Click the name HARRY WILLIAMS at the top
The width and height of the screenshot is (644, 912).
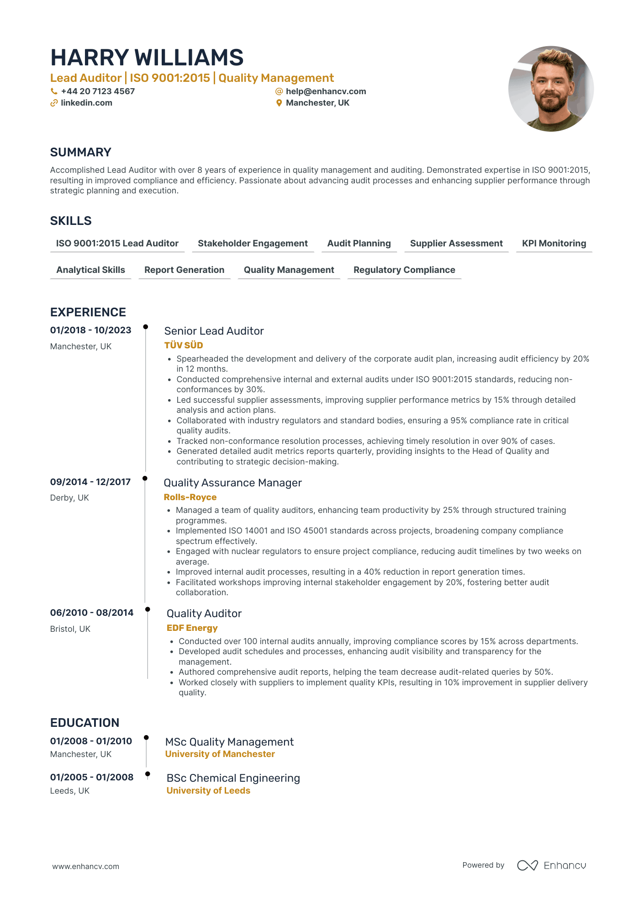[x=147, y=58]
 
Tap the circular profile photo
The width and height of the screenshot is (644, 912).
[x=551, y=89]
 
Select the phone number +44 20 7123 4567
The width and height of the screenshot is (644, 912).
[x=98, y=91]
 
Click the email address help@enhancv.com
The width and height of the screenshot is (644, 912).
[x=326, y=91]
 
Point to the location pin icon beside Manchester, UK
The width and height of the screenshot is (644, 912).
[x=279, y=103]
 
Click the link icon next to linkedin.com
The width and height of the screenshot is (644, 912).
[x=54, y=103]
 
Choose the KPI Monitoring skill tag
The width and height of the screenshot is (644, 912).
[x=554, y=244]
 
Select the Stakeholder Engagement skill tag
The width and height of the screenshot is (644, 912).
[x=253, y=244]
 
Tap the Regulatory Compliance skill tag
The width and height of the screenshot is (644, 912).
[x=404, y=270]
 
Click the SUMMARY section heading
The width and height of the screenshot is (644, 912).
[x=81, y=152]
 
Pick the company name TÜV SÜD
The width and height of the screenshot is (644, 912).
[x=184, y=346]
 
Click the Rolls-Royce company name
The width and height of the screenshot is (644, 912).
[x=190, y=497]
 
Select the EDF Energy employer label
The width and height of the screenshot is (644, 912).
[x=192, y=628]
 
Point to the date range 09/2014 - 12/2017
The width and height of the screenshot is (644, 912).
[x=90, y=482]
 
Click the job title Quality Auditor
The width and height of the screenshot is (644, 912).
[x=204, y=613]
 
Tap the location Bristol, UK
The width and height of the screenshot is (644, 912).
[x=70, y=629]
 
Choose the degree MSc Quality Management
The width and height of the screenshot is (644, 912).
[x=229, y=742]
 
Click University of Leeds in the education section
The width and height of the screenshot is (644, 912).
[x=208, y=791]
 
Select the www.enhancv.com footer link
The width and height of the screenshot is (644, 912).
[x=86, y=866]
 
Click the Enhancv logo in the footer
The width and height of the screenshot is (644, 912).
[x=551, y=865]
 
